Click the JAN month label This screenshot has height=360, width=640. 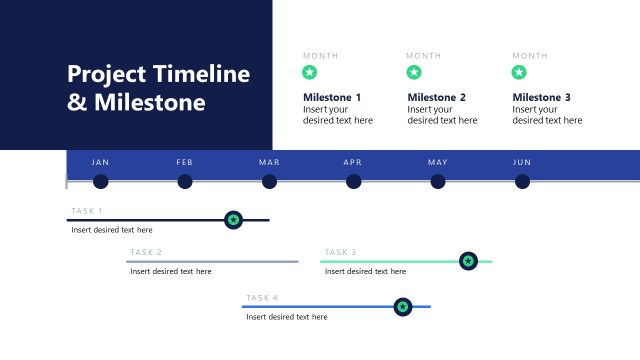(x=100, y=162)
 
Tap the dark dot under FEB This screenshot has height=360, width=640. (x=185, y=181)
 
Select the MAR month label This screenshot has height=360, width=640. (x=269, y=162)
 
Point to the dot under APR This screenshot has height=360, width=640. (x=354, y=181)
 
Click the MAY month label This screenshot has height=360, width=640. (x=438, y=162)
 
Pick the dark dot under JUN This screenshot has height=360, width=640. (x=522, y=181)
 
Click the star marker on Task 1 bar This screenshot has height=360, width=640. (x=233, y=219)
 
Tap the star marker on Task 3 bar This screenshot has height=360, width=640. (x=468, y=261)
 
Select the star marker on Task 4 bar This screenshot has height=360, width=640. (x=402, y=307)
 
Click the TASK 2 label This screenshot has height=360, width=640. (x=146, y=252)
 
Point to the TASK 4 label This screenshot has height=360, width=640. (x=262, y=298)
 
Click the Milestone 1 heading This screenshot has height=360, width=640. (x=332, y=97)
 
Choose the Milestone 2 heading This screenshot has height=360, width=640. (x=437, y=97)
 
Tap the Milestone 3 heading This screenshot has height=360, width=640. (x=542, y=97)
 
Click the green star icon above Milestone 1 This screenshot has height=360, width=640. (x=310, y=72)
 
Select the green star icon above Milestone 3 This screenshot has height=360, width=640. (x=519, y=72)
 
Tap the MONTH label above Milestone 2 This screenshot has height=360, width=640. (x=424, y=55)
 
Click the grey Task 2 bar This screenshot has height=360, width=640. (x=212, y=261)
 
